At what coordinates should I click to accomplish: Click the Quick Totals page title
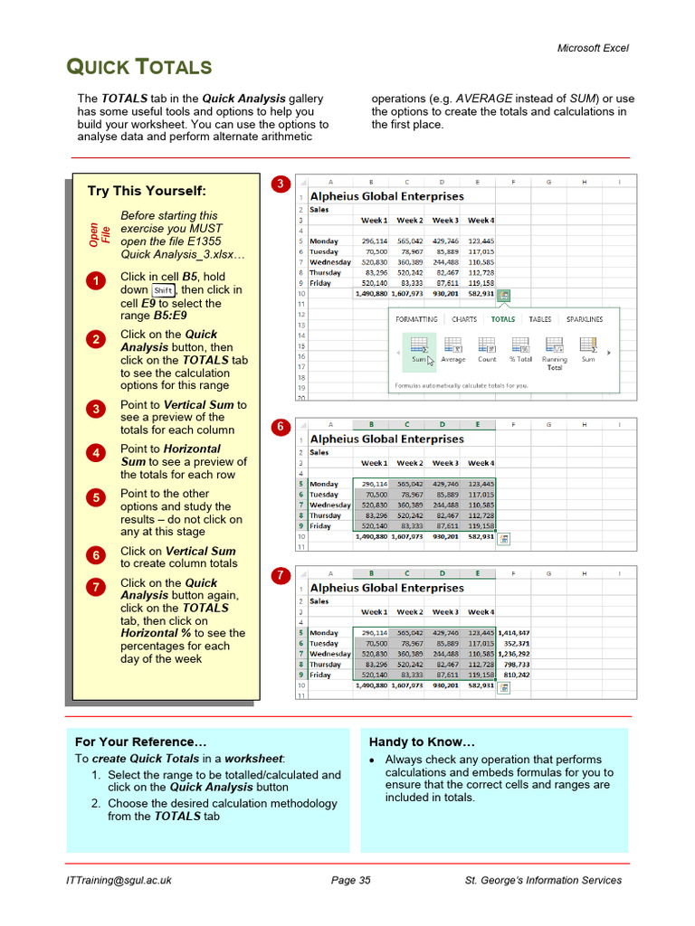coord(140,67)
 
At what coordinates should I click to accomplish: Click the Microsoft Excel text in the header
coord(592,48)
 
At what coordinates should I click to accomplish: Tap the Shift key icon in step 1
coord(163,290)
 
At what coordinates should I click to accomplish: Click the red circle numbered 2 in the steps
coord(96,340)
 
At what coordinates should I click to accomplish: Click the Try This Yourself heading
coord(147,191)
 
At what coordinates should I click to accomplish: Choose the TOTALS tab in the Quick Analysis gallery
coord(502,319)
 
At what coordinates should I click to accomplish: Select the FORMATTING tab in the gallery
coord(416,319)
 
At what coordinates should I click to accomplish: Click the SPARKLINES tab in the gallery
coord(585,319)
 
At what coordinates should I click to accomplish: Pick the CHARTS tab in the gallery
coord(463,319)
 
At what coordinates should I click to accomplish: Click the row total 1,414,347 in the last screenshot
coord(513,633)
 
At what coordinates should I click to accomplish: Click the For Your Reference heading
coord(134,742)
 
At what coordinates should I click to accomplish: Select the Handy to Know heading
coord(421,742)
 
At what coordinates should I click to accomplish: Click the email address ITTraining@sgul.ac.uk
coord(119,880)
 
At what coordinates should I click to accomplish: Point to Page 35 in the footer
coord(351,880)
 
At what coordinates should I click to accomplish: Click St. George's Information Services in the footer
coord(543,880)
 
